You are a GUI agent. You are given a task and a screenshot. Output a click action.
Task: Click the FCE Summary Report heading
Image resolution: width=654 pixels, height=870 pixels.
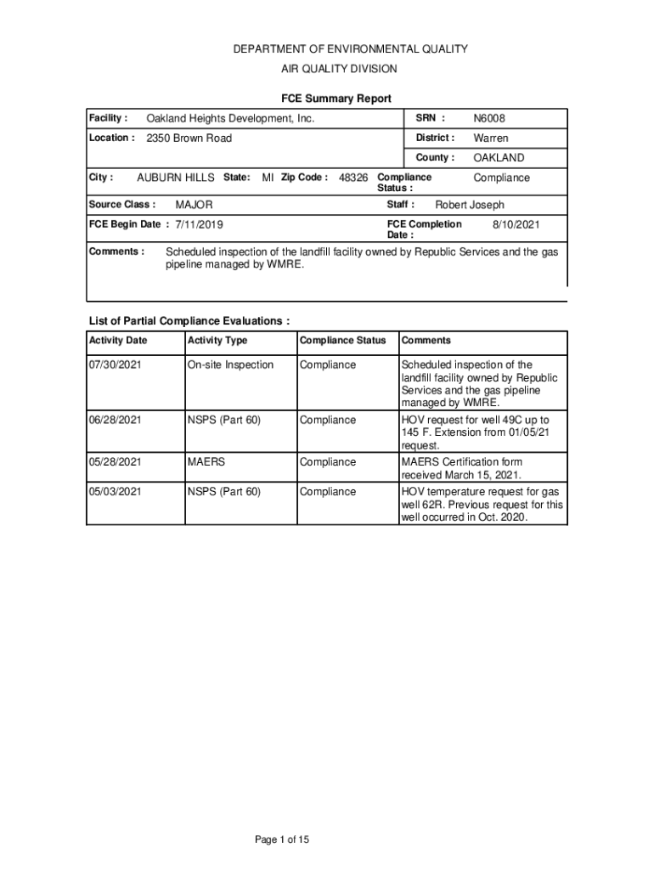336,99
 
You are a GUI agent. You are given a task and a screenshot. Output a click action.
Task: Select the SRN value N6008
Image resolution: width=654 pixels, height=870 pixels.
489,119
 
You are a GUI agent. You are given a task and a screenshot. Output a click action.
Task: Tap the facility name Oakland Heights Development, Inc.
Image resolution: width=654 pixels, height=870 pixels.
230,119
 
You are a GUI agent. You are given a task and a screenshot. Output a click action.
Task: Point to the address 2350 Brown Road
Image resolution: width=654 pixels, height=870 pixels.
189,138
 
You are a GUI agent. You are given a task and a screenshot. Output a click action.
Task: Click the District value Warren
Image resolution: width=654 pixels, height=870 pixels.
491,138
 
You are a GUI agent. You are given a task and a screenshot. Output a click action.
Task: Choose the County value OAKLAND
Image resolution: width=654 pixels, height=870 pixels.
499,158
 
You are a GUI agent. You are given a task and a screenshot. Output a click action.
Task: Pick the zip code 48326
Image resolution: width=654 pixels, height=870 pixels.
353,178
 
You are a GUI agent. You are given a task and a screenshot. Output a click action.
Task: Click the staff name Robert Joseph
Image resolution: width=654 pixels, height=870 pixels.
470,205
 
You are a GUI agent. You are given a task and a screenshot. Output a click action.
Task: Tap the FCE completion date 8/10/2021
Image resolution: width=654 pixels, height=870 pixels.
516,225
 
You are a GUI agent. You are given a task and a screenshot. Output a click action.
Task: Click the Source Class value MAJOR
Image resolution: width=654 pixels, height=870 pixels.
194,205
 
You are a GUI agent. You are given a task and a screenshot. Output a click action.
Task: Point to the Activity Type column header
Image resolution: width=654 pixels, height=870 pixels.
217,341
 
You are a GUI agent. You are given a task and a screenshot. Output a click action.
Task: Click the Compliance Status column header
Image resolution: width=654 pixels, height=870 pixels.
343,341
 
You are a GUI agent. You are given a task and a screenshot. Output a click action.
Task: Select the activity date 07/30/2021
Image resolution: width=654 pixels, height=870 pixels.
116,365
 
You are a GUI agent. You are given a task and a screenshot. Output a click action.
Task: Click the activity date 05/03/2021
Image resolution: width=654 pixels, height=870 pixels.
116,492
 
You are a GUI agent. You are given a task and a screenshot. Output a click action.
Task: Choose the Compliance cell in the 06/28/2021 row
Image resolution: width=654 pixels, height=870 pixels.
328,421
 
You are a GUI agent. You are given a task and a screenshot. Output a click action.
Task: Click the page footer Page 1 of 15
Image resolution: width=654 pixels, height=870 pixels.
282,840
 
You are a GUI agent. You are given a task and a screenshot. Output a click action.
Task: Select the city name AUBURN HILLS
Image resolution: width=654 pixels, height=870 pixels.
176,178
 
